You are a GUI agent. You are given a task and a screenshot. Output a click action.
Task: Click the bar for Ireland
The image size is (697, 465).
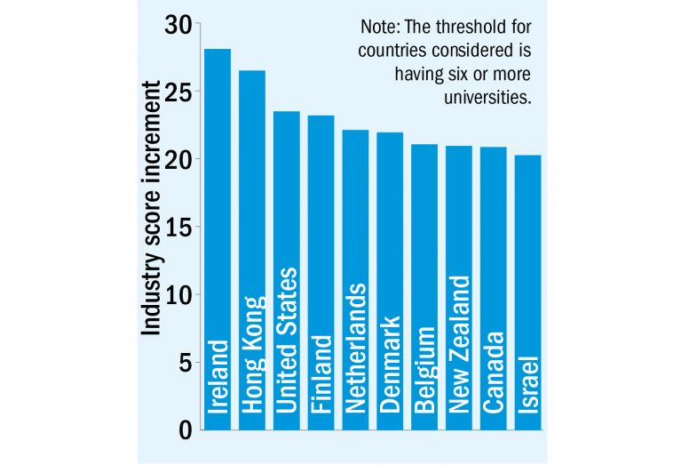(x=218, y=222)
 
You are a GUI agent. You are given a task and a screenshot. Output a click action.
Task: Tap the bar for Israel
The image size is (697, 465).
(x=527, y=267)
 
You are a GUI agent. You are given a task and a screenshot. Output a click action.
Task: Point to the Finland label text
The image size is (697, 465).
(x=321, y=373)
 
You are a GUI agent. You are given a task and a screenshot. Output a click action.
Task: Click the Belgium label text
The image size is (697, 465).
(x=424, y=370)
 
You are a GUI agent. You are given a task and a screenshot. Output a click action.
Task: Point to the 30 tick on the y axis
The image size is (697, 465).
(x=178, y=25)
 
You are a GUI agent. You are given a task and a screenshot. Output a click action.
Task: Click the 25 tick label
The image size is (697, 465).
(x=178, y=92)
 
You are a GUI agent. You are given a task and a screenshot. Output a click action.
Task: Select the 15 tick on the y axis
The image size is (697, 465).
(x=178, y=228)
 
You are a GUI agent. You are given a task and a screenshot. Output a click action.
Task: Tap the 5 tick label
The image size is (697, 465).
(x=185, y=363)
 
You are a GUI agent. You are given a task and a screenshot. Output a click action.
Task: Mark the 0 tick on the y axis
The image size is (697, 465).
(x=185, y=430)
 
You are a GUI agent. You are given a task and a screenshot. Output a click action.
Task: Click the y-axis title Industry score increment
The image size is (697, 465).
(x=152, y=209)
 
